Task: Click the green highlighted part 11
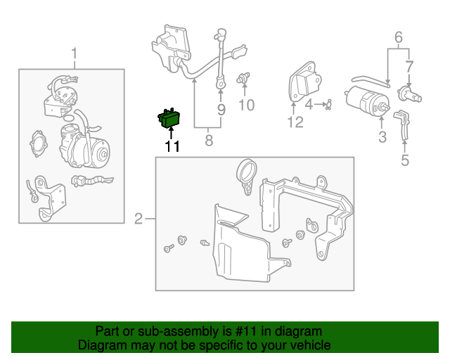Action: tap(168, 119)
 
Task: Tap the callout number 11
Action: tap(172, 146)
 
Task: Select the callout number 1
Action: tap(74, 53)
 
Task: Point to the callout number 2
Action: tap(139, 219)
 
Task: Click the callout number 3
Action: tap(382, 137)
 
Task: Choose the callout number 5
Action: tap(404, 160)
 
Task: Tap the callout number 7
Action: tap(409, 67)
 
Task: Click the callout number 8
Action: tap(208, 141)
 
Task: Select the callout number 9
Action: tap(221, 110)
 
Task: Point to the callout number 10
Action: tap(246, 105)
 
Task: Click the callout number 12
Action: tap(295, 122)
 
